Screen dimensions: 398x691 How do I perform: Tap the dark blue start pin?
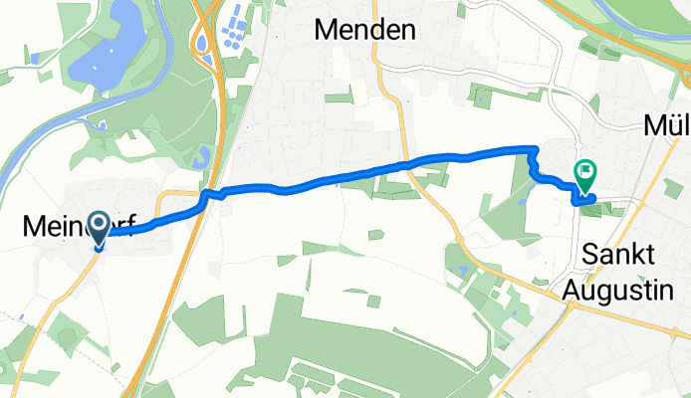point(100,228)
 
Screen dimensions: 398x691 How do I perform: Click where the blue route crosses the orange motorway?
point(207,198)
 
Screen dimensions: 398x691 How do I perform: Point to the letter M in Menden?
point(326,31)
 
